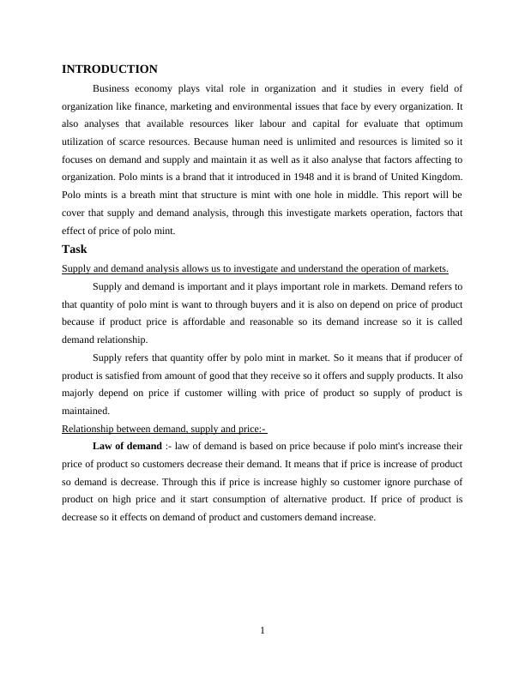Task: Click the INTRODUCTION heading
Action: (110, 69)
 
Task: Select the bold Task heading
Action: (75, 249)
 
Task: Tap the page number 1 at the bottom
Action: (262, 631)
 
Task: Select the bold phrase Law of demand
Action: (126, 446)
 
